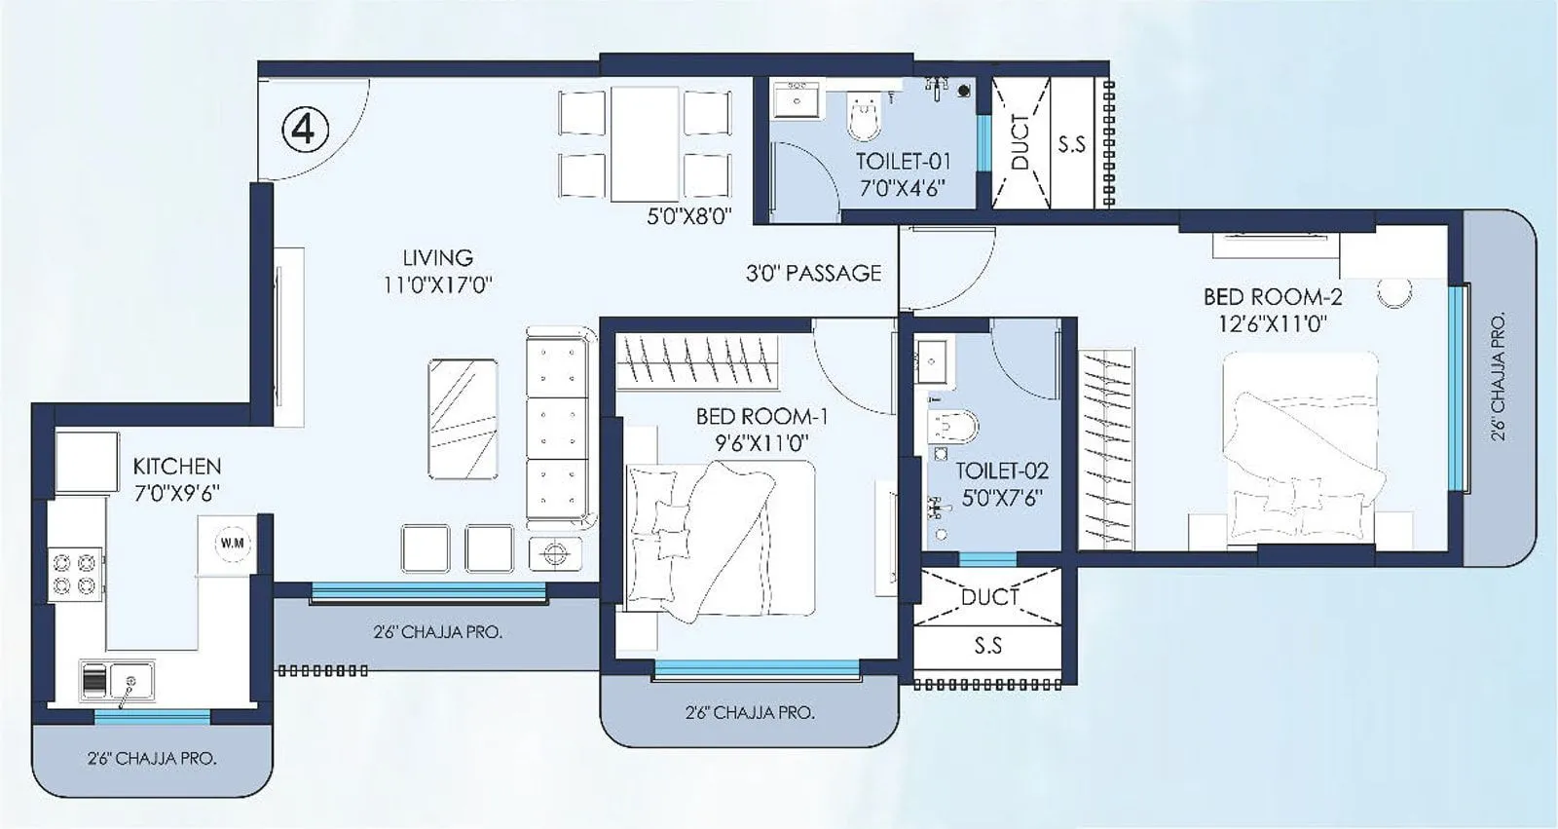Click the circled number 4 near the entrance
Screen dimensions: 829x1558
tap(306, 129)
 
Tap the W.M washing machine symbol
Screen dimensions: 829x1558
tap(233, 543)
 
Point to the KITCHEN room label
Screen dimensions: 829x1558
tap(177, 467)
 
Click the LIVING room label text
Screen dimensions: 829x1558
tap(437, 258)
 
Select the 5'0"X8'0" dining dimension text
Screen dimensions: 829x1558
tap(688, 216)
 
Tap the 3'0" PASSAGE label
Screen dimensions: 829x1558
tap(813, 274)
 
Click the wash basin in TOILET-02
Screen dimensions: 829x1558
tap(933, 363)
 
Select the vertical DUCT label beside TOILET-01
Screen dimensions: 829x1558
tap(1020, 141)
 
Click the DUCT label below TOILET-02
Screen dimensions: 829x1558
tap(989, 597)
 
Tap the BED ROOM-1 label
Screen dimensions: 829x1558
tap(761, 417)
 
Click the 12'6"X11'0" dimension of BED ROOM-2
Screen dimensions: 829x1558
tap(1273, 323)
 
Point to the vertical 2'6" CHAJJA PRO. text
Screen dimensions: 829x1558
tap(1499, 376)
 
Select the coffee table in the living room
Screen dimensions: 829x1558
tap(463, 418)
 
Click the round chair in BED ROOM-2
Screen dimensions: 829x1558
tap(1394, 292)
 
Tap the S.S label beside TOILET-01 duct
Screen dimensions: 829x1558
tap(1071, 144)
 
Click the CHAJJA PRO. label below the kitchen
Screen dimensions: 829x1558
tap(152, 758)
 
